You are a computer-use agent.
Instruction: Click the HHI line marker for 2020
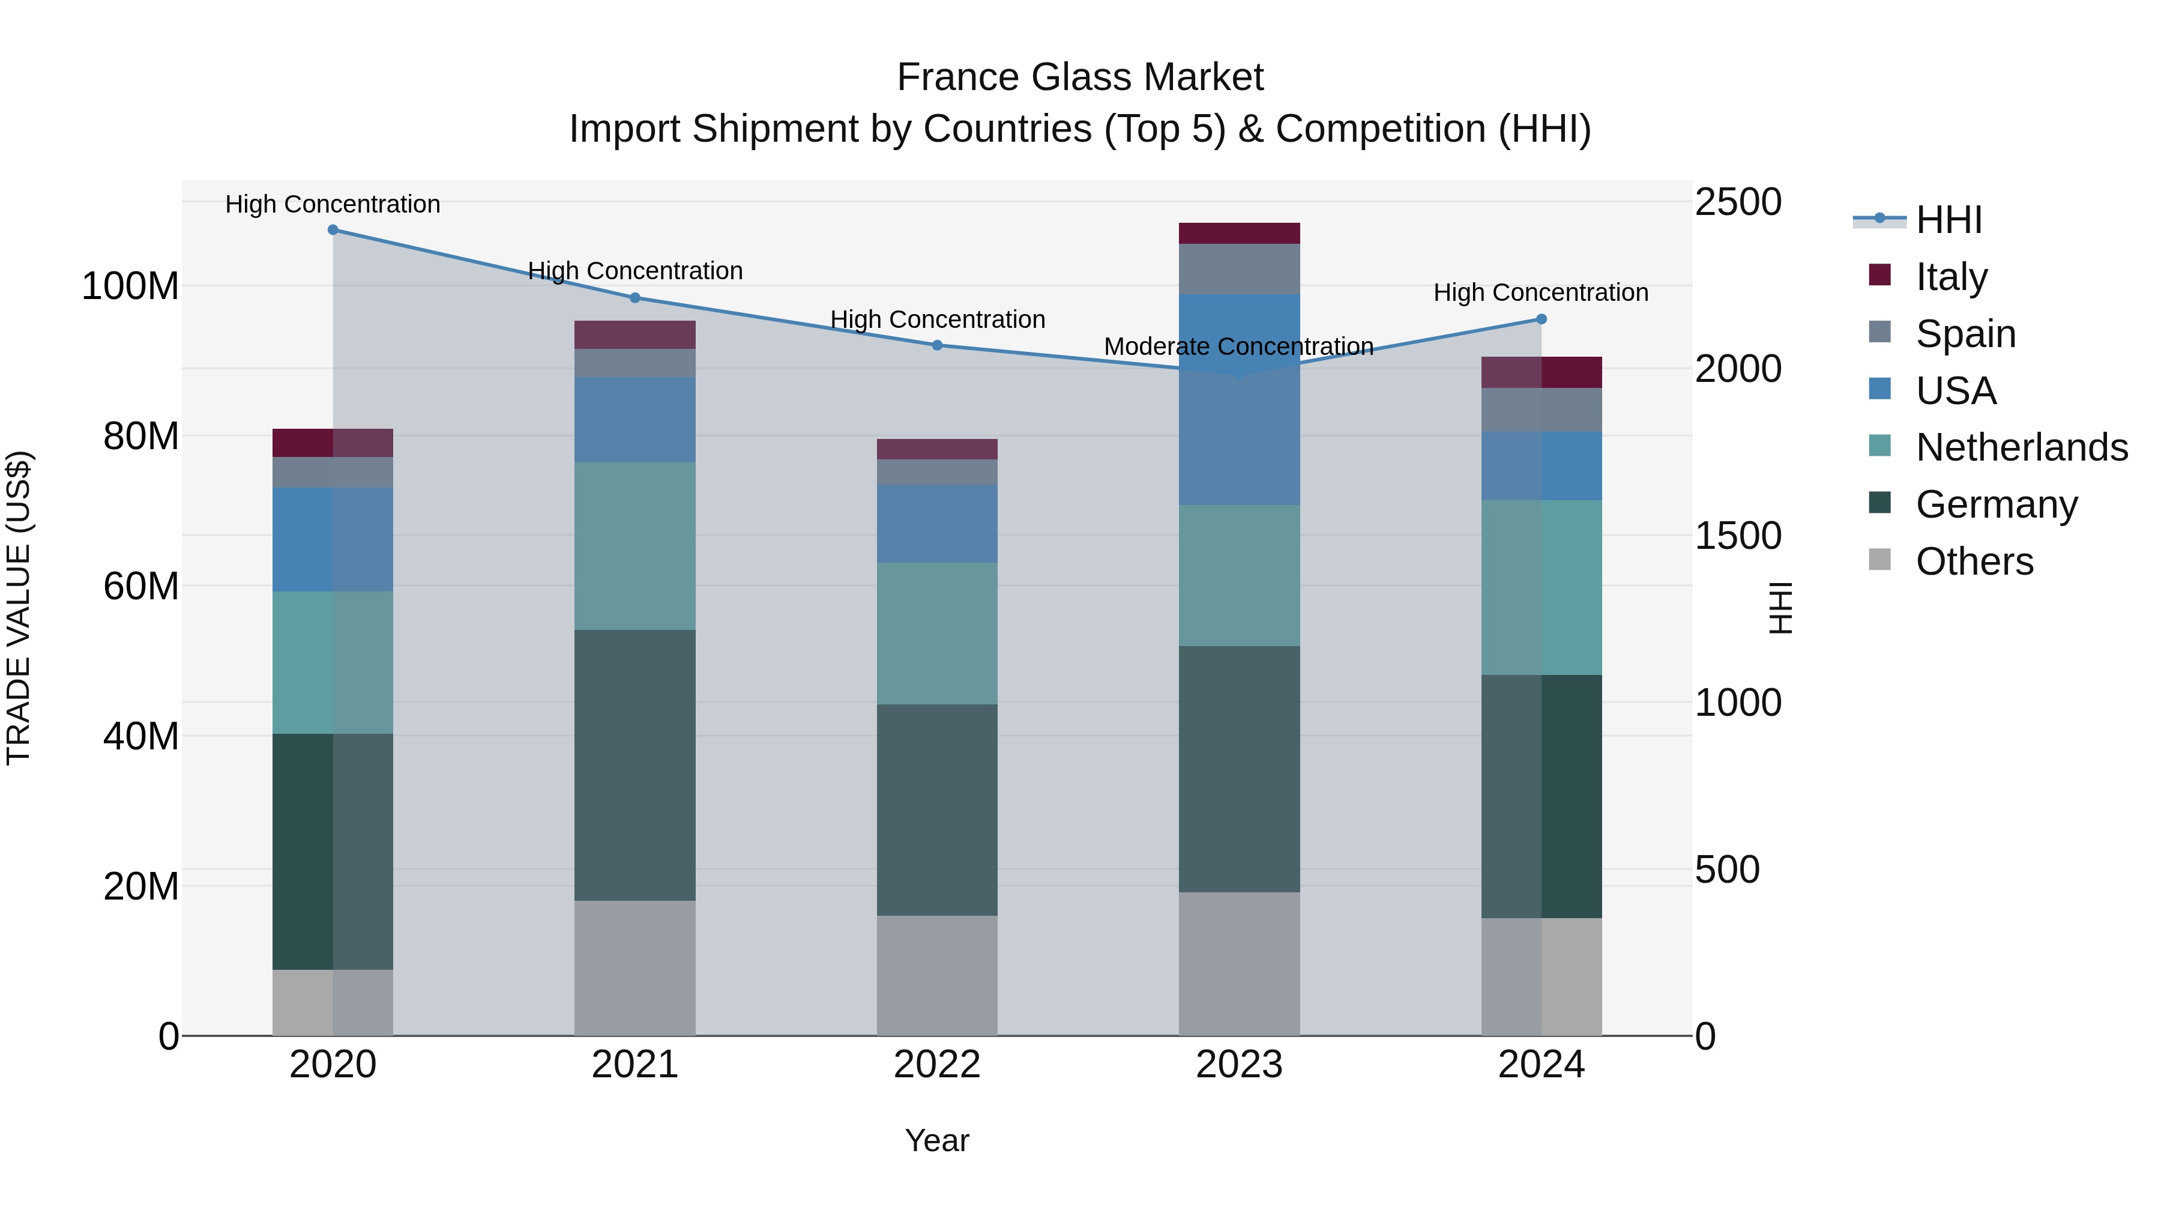coord(333,229)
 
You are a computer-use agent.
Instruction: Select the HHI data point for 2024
coord(1541,319)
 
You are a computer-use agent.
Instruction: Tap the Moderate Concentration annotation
coord(1238,346)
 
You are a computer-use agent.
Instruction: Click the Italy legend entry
coord(1952,276)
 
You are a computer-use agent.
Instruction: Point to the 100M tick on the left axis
coord(130,286)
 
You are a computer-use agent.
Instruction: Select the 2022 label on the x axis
coord(937,1065)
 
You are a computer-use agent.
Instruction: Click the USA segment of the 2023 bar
coord(1239,399)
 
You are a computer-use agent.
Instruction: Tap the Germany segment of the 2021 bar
coord(635,764)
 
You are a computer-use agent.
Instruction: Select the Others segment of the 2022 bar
coord(937,975)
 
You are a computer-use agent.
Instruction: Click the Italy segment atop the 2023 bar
coord(1239,234)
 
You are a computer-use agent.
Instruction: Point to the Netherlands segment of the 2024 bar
coord(1541,587)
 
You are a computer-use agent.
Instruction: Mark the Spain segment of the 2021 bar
coord(635,363)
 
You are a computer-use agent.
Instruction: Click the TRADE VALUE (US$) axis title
coord(19,608)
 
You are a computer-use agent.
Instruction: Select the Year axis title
coord(937,1140)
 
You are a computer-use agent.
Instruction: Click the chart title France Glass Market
coord(1080,77)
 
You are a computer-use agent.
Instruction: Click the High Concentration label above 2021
coord(635,270)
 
